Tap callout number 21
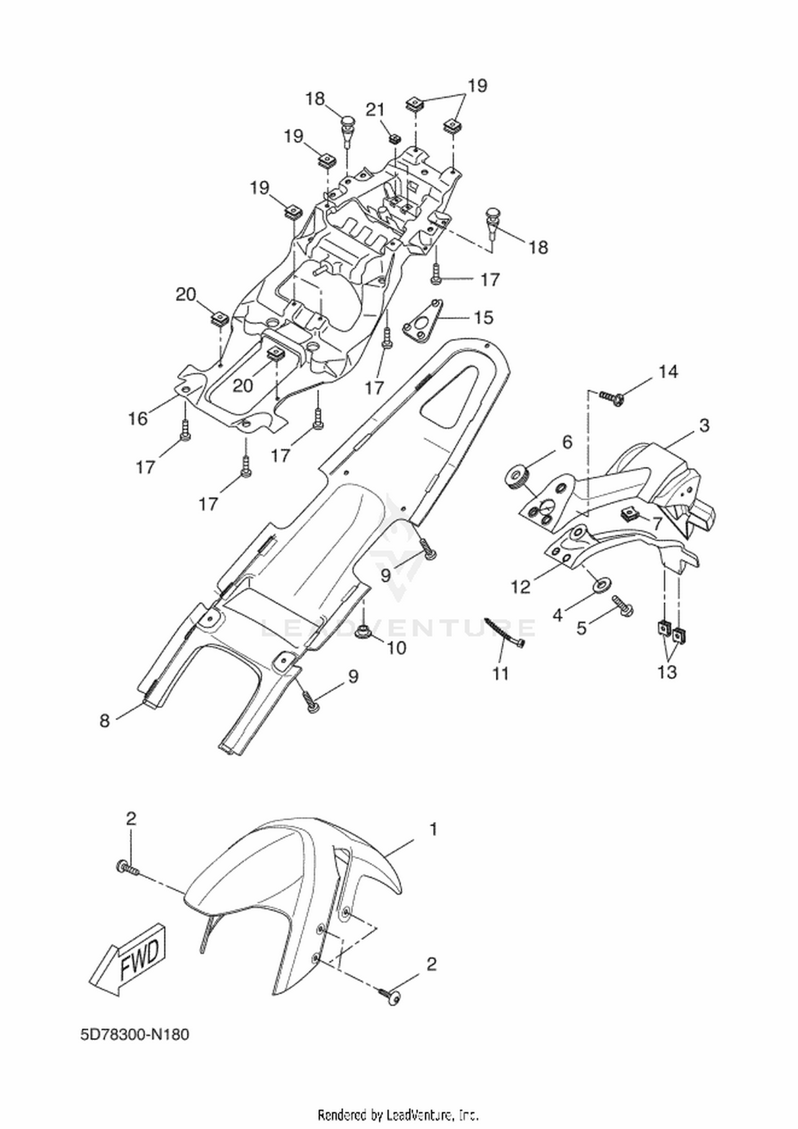(375, 110)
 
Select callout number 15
(484, 318)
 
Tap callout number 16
(138, 419)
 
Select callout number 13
(667, 672)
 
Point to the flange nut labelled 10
(365, 630)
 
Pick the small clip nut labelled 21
(394, 139)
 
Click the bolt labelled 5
(622, 606)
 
